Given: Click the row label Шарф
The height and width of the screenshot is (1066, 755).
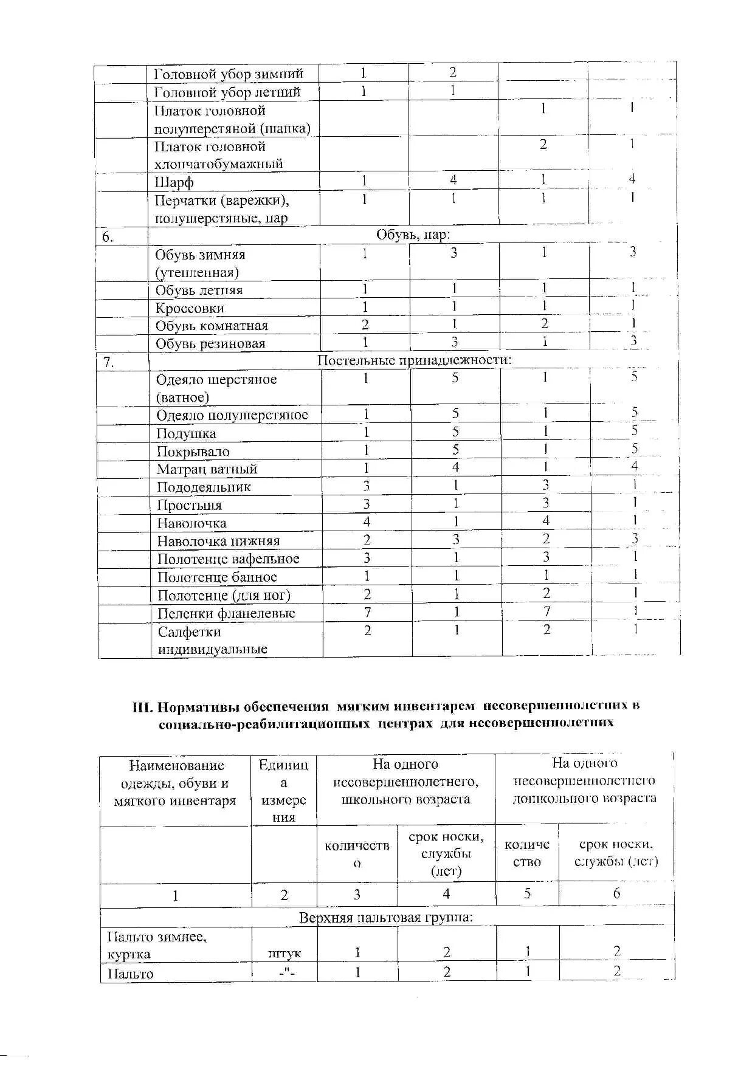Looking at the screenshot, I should (x=174, y=182).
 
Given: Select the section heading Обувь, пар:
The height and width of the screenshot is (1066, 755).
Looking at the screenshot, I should (x=413, y=235).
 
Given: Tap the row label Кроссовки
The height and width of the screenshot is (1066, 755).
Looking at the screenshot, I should (x=190, y=308).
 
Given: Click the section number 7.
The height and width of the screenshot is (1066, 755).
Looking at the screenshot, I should (x=108, y=362).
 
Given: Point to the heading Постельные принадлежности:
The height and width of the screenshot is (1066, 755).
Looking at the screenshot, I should (x=415, y=360).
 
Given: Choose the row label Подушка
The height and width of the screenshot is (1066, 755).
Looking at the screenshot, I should (x=186, y=433).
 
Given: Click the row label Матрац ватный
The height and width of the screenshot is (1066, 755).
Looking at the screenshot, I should (x=207, y=469).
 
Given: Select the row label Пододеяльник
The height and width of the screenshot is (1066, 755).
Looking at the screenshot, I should (x=204, y=487).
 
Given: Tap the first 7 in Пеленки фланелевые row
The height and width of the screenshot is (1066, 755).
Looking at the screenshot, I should (x=367, y=612).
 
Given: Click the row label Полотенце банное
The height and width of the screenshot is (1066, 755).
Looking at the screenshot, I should (x=217, y=577).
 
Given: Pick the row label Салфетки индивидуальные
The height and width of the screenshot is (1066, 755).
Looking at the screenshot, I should (x=213, y=640).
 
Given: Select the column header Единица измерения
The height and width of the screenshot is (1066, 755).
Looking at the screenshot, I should (x=284, y=791).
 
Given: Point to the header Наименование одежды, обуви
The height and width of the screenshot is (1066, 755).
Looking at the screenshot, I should (x=175, y=783).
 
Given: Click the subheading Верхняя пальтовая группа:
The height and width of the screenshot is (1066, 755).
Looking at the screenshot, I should (x=386, y=916).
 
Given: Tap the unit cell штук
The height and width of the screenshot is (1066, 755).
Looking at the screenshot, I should (x=284, y=954).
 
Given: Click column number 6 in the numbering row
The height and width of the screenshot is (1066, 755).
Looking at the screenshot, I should (x=616, y=893).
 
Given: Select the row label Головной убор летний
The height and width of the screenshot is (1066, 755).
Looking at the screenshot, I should (x=227, y=92).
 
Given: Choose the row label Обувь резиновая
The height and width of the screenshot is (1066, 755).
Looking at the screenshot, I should (x=210, y=344).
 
